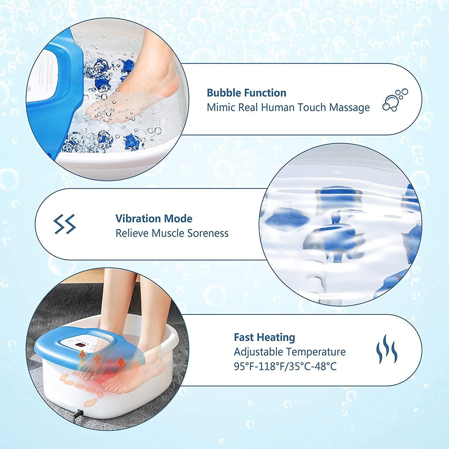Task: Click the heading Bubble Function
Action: click(246, 93)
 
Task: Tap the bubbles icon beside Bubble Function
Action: click(395, 100)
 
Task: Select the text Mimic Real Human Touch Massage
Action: click(288, 107)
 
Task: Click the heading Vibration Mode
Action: click(154, 219)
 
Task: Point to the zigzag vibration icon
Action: click(65, 224)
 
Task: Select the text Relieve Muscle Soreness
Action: click(172, 233)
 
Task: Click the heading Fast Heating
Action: click(264, 337)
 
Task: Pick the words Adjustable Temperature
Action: click(289, 352)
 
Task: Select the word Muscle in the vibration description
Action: click(168, 233)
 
